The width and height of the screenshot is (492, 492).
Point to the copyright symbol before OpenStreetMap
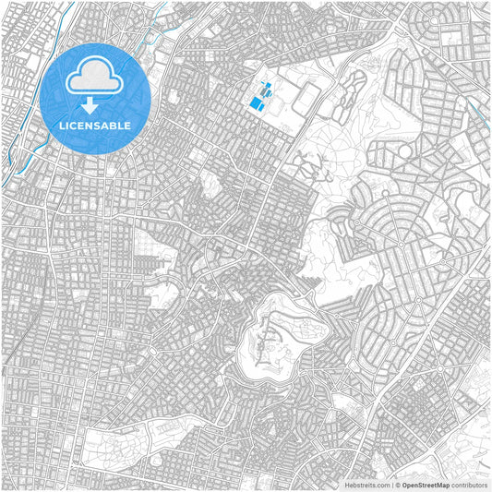[x=398, y=485]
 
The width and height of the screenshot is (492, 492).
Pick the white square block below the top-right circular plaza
[x=450, y=39]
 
